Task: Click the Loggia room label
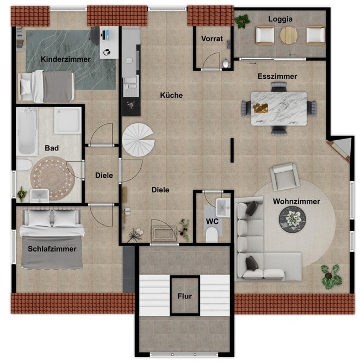[280, 19]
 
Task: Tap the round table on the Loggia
[289, 35]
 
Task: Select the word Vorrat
[212, 39]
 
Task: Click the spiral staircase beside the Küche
[138, 140]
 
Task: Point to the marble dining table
[279, 109]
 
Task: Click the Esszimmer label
[277, 77]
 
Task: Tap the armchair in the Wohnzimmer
[285, 177]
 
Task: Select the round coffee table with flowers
[292, 219]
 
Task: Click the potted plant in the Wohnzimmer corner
[331, 277]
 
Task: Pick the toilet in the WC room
[212, 235]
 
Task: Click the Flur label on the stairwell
[185, 296]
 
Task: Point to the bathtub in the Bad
[27, 132]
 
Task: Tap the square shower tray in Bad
[67, 121]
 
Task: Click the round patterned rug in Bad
[53, 178]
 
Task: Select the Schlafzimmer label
[52, 249]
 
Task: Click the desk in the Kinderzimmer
[109, 42]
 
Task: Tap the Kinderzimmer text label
[66, 59]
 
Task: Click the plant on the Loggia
[243, 21]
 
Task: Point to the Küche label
[171, 95]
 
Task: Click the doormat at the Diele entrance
[164, 233]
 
